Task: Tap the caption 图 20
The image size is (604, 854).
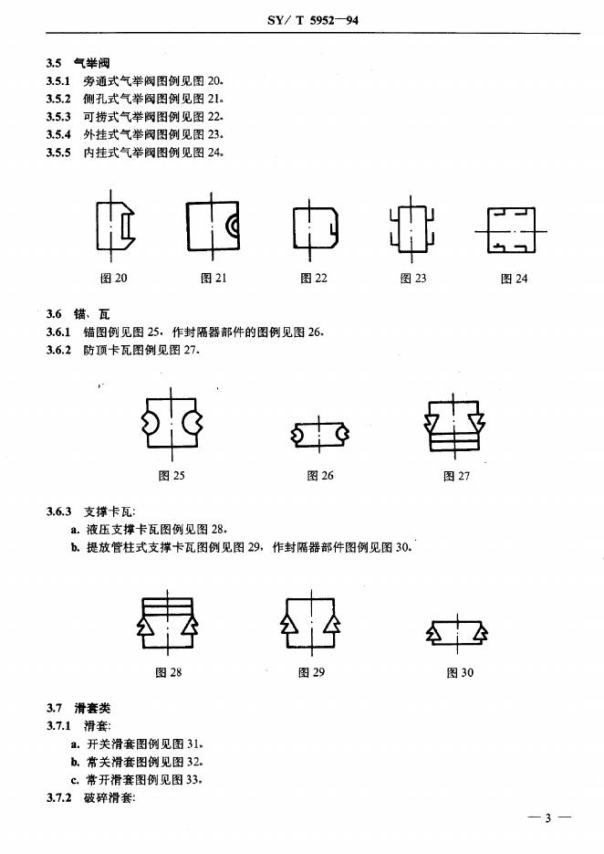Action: pos(114,279)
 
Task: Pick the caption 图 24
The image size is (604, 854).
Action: pos(514,279)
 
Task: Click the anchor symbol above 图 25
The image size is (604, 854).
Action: pos(172,421)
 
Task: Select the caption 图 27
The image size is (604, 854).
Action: pos(456,476)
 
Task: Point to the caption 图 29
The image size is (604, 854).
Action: pos(311,673)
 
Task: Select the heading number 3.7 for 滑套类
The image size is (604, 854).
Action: pos(54,708)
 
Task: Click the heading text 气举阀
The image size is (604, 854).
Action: pos(91,63)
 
